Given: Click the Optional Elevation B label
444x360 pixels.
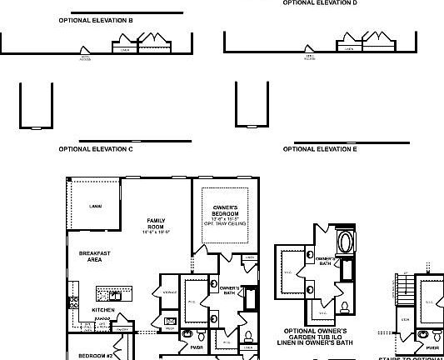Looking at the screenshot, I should pyautogui.click(x=97, y=18).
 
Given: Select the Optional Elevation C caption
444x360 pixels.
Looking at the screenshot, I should pyautogui.click(x=97, y=149).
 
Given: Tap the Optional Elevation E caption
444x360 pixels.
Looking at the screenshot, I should pyautogui.click(x=320, y=149).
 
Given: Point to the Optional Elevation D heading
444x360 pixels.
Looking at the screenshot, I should pyautogui.click(x=320, y=3).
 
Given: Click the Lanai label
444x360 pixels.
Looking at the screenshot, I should pyautogui.click(x=96, y=206).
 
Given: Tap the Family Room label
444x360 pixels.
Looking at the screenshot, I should pyautogui.click(x=156, y=224).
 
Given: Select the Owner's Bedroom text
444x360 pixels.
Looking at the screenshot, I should pyautogui.click(x=225, y=213).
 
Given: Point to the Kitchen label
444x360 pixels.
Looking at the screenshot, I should pyautogui.click(x=103, y=310).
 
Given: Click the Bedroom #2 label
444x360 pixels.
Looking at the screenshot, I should pyautogui.click(x=96, y=355).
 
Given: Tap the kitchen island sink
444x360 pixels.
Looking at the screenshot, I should pyautogui.click(x=115, y=294).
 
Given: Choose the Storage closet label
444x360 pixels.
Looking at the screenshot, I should pyautogui.click(x=169, y=292).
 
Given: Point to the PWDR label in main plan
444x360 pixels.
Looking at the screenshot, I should pyautogui.click(x=197, y=347).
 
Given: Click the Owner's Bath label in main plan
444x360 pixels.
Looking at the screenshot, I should pyautogui.click(x=230, y=289).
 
